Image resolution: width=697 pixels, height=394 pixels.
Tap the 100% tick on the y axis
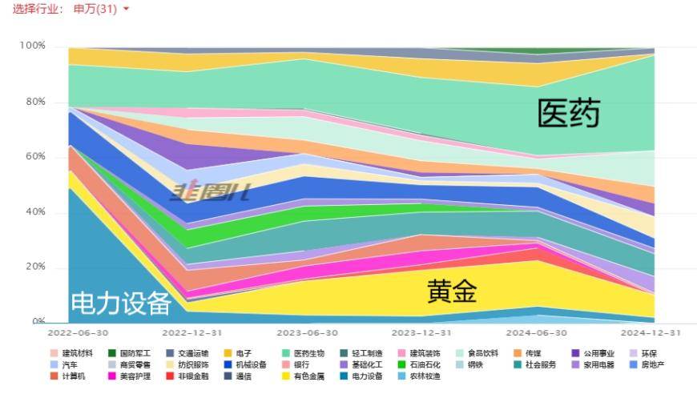tap(33, 46)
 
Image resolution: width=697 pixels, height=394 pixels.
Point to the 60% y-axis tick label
tap(35, 157)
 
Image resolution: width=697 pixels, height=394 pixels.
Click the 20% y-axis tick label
tap(35, 267)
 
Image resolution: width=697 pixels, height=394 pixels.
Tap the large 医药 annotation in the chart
tap(568, 114)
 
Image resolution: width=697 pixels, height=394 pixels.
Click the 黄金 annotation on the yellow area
tap(452, 291)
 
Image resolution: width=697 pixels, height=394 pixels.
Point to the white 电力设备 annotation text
tap(121, 304)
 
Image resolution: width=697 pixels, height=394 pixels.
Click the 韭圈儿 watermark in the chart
tap(210, 191)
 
